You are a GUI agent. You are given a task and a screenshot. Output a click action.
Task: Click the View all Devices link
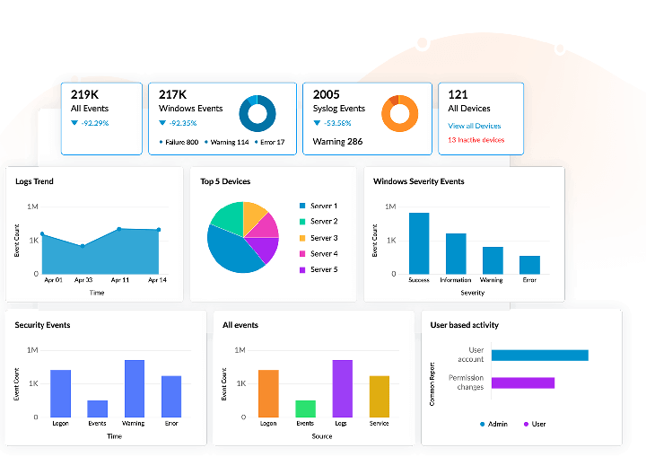coord(474,126)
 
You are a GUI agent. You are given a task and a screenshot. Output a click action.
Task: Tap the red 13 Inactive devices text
coord(476,140)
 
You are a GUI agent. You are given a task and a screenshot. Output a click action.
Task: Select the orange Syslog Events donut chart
coord(400,113)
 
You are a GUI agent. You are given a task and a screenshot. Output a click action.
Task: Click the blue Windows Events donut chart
coord(258,113)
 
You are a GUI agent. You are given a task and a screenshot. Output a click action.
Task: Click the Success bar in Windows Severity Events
coord(419,242)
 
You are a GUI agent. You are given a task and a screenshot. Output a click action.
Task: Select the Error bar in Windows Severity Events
coord(529,264)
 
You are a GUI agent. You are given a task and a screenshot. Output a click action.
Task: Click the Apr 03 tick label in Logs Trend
coord(83,281)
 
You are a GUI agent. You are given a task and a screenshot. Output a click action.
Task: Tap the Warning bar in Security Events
coord(135,388)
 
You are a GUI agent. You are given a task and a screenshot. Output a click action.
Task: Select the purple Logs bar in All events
coord(342,388)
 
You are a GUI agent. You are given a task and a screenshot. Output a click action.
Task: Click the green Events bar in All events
coord(305,409)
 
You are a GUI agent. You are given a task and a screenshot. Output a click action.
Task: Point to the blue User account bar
coord(539,355)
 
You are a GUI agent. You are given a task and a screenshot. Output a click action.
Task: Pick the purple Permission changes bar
coord(522,382)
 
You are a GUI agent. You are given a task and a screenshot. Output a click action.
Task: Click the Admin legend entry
coord(493,424)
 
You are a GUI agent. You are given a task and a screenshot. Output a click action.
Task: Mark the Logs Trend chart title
coord(34,181)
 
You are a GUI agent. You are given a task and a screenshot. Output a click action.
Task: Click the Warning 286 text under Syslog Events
coord(337,142)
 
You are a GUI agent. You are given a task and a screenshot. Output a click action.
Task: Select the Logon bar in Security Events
coord(61,393)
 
